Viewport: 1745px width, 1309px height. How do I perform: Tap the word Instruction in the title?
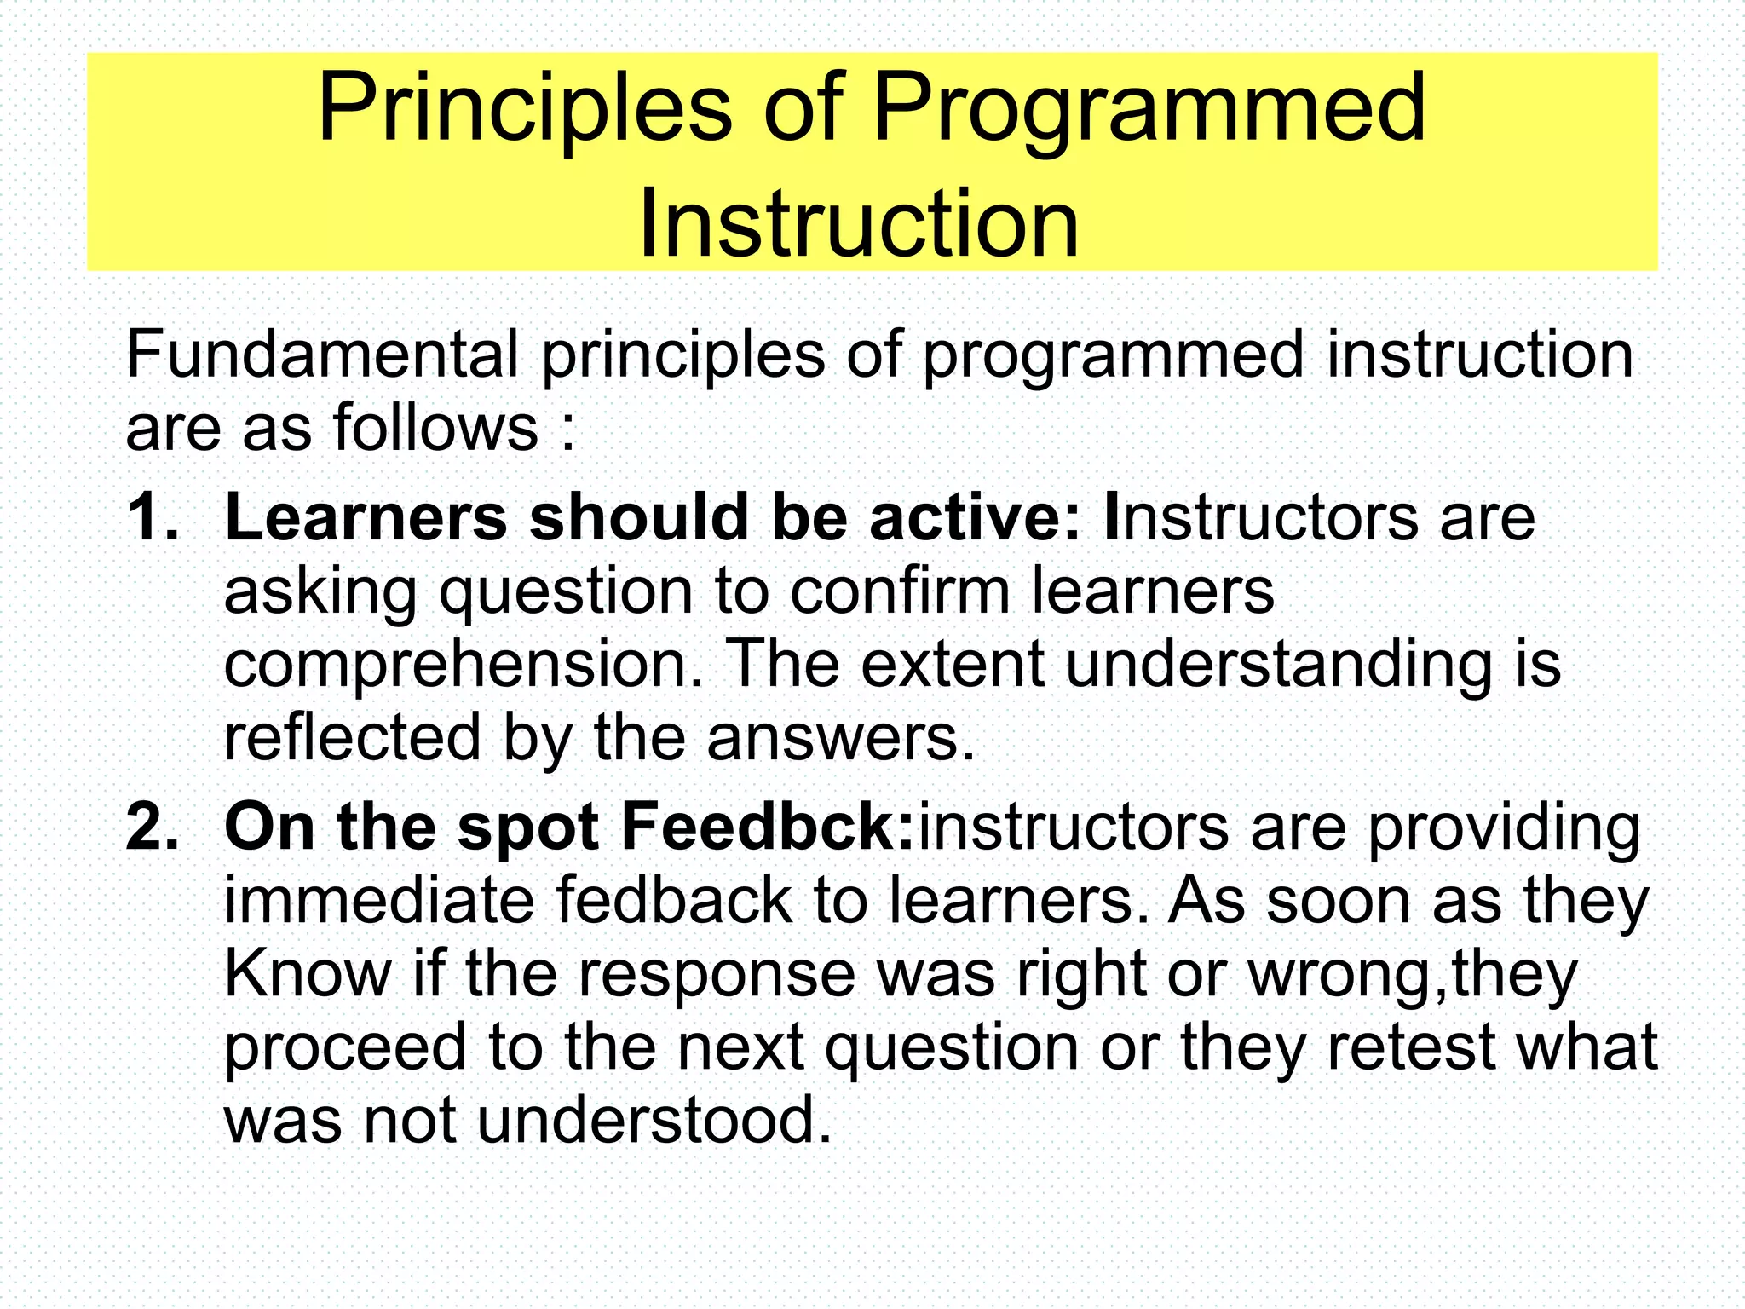859,224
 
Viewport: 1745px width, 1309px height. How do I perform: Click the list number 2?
153,827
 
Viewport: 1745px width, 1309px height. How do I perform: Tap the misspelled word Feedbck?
768,827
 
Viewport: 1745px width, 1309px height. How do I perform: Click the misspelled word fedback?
674,900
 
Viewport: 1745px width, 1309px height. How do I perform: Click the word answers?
840,737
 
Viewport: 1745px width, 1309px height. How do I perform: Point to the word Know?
307,973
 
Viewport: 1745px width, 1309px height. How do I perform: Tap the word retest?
1411,1047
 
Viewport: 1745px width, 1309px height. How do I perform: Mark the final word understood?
653,1120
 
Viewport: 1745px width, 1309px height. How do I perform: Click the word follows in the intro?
435,427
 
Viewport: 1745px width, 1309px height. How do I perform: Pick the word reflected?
352,737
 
